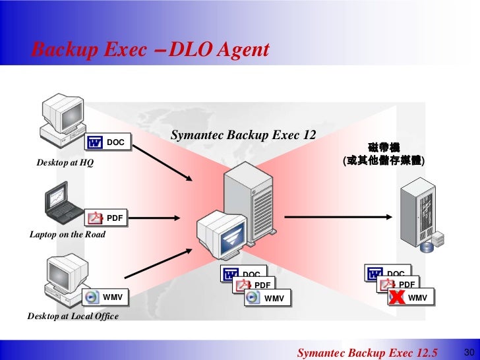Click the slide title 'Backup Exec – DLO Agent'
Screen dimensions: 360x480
tap(150, 49)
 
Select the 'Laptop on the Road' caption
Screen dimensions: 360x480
tap(67, 234)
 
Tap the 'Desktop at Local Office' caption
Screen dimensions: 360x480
tap(73, 316)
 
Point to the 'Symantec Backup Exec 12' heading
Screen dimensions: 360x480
tap(243, 135)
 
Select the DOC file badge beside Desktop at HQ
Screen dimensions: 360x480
tap(107, 142)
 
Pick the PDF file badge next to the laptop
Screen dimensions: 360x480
tap(107, 217)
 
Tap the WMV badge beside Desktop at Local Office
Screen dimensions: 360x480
tap(107, 297)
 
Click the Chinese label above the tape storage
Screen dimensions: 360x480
tap(383, 154)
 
